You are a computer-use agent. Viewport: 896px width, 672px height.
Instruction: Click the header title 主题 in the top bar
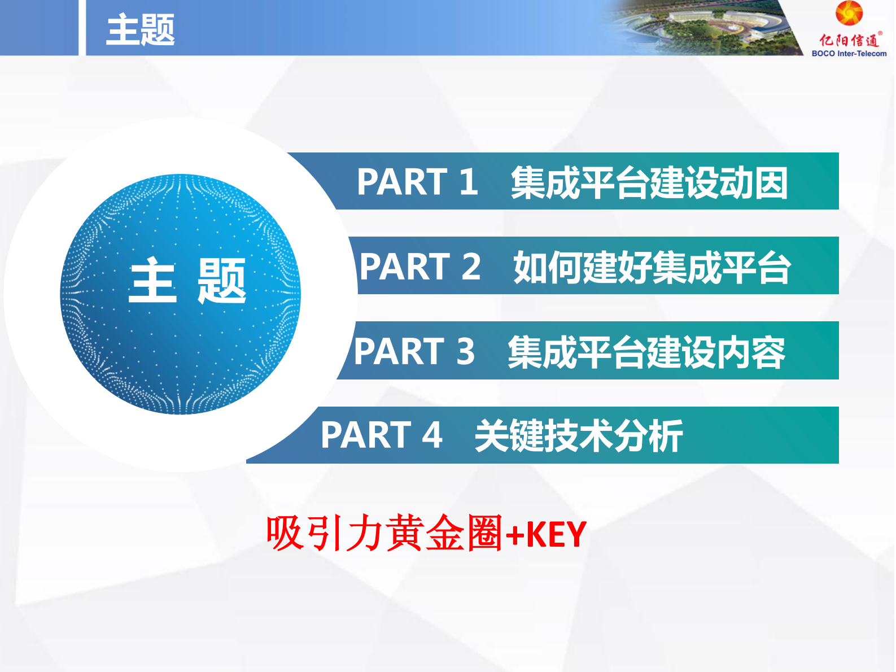click(140, 29)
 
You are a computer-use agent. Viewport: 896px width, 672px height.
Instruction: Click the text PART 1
click(417, 182)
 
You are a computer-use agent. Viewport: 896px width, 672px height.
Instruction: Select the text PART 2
click(420, 267)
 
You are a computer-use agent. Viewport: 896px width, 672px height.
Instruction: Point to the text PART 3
click(414, 351)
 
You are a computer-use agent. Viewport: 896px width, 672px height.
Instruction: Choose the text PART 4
click(381, 435)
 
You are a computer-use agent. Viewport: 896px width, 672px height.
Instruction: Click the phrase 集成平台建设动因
click(649, 182)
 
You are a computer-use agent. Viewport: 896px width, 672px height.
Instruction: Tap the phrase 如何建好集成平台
click(652, 267)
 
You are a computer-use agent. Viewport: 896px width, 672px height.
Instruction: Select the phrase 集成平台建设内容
click(646, 352)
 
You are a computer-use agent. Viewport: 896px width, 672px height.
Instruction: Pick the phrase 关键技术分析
click(579, 435)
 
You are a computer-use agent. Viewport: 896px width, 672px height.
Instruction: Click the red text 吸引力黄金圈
click(384, 533)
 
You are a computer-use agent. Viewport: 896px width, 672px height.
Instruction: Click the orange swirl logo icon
click(849, 13)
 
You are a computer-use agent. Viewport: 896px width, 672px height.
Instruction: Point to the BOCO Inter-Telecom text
click(849, 54)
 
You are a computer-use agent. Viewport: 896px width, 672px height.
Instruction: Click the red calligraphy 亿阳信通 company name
click(849, 40)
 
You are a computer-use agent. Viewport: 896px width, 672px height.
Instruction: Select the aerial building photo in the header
click(706, 27)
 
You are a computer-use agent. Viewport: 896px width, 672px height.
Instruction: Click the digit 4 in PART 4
click(432, 435)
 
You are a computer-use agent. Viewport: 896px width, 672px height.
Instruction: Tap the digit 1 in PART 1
click(468, 182)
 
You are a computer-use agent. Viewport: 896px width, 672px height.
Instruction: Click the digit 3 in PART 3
click(465, 351)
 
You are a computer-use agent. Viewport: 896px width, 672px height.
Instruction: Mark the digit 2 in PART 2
click(471, 267)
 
